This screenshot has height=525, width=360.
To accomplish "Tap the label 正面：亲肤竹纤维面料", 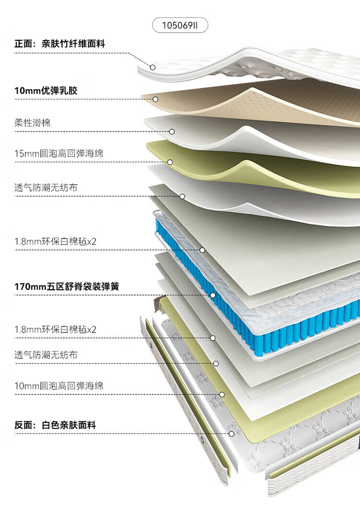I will (x=60, y=44).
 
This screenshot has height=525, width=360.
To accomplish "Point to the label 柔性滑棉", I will (x=32, y=123).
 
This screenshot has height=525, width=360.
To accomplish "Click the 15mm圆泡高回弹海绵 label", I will (x=59, y=154).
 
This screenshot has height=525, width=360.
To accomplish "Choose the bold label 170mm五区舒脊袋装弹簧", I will (x=67, y=286).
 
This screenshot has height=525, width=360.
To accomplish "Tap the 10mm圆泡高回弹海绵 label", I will (x=59, y=386).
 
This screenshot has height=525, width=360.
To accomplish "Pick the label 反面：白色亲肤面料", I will (x=55, y=425).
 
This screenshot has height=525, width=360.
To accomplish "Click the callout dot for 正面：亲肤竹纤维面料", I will (x=153, y=67).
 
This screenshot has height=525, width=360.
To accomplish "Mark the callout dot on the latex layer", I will (x=156, y=99).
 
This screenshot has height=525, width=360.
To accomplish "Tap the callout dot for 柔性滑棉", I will (x=171, y=131).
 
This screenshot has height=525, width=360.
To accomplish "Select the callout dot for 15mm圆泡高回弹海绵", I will (x=169, y=162).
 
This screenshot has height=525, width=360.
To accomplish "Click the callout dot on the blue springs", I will (x=213, y=295).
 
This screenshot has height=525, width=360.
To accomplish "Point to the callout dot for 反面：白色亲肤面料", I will (x=231, y=434).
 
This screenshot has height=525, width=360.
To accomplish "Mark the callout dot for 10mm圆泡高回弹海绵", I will (x=222, y=394).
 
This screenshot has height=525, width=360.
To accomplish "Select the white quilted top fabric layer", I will (x=250, y=65).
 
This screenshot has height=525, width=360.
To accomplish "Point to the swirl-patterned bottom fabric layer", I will (x=298, y=432).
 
